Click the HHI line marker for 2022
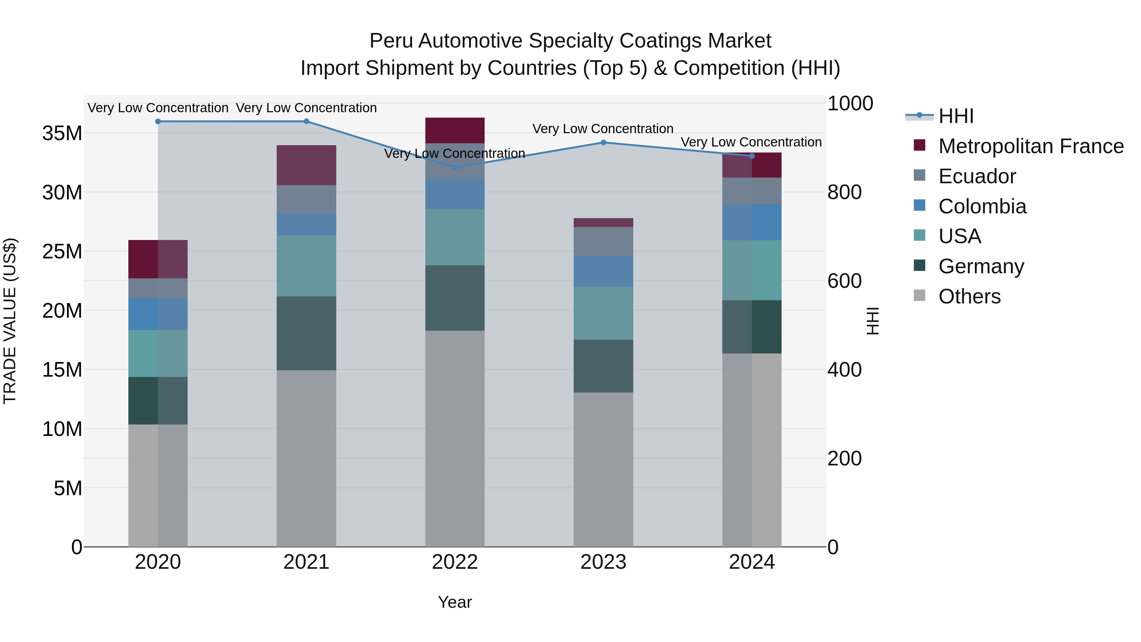[455, 167]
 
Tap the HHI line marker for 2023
[603, 142]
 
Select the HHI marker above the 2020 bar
[158, 121]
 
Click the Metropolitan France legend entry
[1031, 146]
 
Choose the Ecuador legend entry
[977, 176]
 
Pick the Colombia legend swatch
[919, 205]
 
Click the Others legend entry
[969, 296]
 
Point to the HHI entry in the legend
[956, 116]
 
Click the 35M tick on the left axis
[62, 133]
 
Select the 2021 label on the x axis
[306, 562]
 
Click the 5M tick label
[68, 488]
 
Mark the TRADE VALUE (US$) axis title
[10, 321]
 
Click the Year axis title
[455, 602]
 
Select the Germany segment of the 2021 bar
[306, 333]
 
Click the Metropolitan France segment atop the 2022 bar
[455, 130]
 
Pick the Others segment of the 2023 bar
[603, 470]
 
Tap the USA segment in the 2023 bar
[603, 313]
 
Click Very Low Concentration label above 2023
[603, 129]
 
